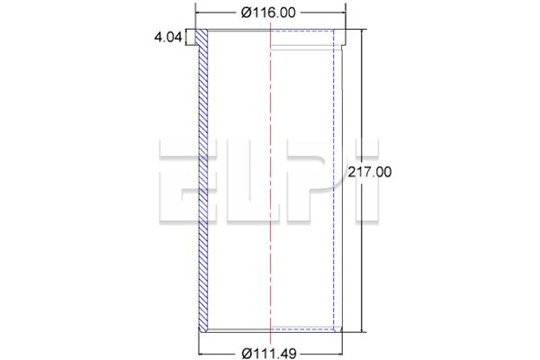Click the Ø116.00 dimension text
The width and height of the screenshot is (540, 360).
coord(268,13)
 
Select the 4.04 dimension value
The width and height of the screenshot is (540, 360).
coord(168,37)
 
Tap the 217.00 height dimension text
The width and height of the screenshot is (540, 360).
coord(370,172)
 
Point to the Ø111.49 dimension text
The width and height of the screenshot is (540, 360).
coord(269,353)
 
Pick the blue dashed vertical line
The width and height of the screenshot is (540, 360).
coord(333,179)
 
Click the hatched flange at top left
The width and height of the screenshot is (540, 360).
coord(202,38)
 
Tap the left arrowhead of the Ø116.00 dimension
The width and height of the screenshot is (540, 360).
coord(198,13)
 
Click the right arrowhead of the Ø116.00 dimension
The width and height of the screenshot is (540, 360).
coord(343,13)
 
